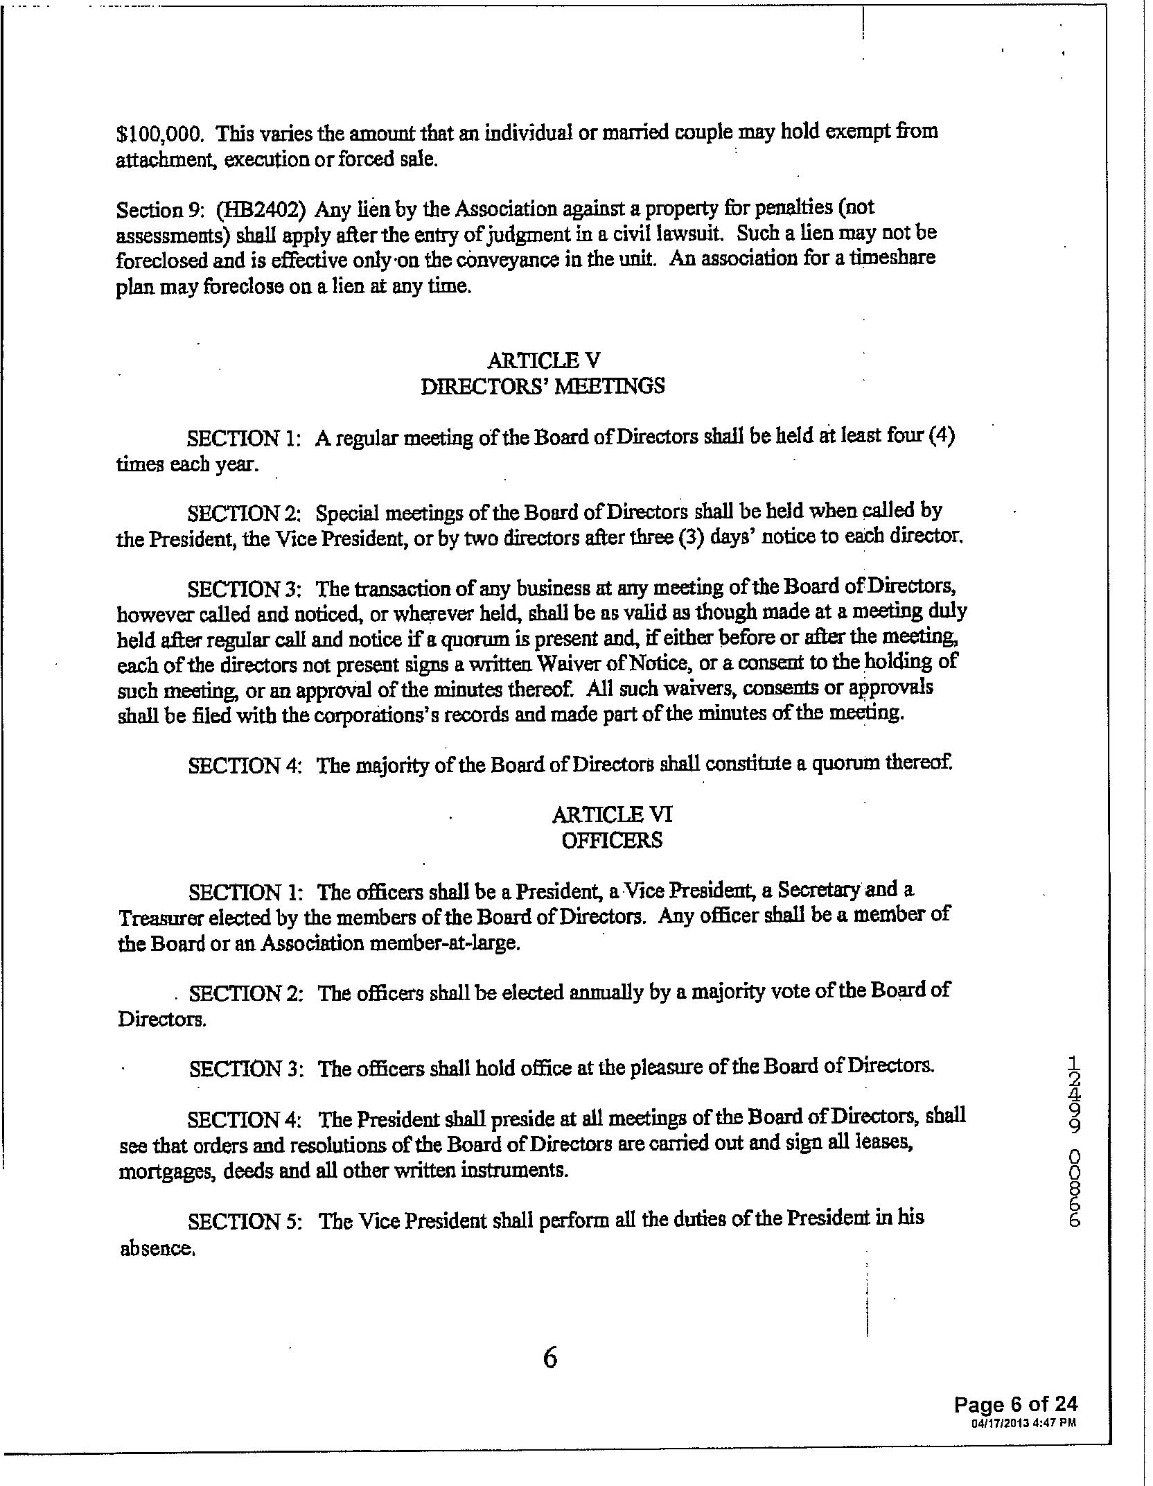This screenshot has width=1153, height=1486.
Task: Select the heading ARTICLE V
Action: tap(543, 360)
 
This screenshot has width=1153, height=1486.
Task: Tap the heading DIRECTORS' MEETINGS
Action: tap(543, 386)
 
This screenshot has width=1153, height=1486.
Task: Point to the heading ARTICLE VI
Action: tap(612, 814)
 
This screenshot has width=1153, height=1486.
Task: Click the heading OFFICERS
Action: tap(612, 841)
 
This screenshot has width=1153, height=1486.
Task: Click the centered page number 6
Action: tap(549, 1359)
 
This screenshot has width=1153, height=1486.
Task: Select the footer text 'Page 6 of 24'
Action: tap(1015, 1404)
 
